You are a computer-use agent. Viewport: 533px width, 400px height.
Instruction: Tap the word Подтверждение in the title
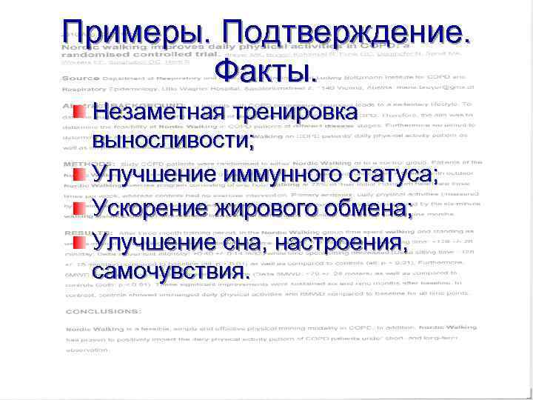(346, 32)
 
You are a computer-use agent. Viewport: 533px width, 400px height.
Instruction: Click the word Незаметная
(157, 113)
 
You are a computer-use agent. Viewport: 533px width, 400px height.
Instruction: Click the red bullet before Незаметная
(80, 113)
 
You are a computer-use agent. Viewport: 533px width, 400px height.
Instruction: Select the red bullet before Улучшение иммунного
(80, 173)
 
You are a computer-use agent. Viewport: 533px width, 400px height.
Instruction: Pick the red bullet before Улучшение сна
(80, 241)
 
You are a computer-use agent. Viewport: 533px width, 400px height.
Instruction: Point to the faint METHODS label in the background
(81, 161)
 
